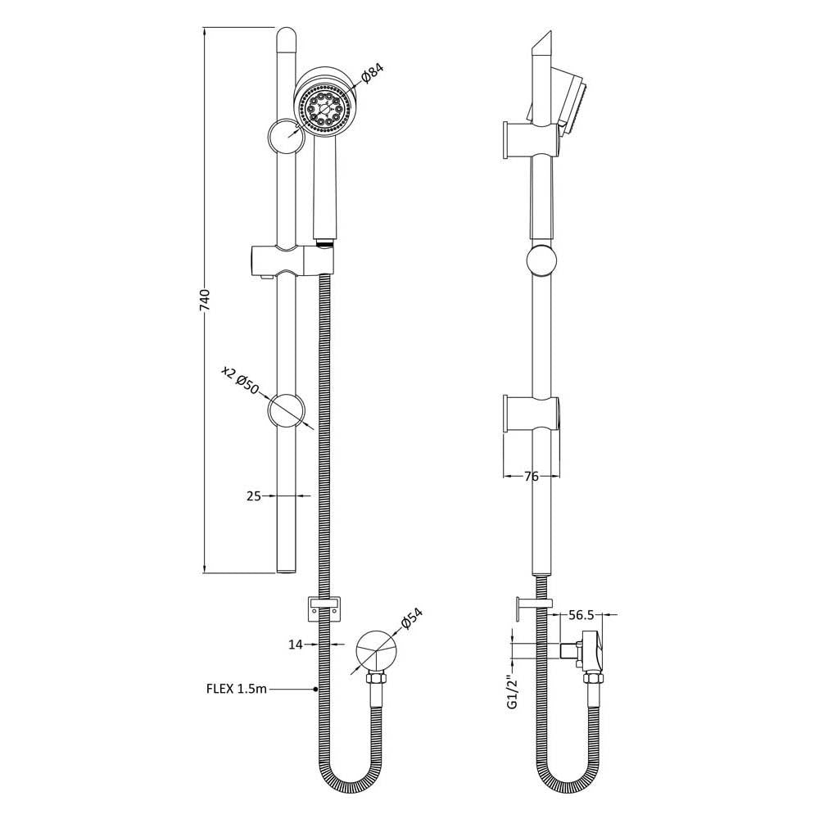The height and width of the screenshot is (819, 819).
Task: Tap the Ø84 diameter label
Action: pyautogui.click(x=373, y=73)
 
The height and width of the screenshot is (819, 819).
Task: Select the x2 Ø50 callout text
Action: pyautogui.click(x=240, y=380)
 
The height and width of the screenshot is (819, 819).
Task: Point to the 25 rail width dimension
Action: pyautogui.click(x=253, y=495)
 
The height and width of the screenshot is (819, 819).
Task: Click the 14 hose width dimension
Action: pyautogui.click(x=296, y=645)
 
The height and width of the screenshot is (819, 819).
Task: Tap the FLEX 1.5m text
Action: pyautogui.click(x=237, y=689)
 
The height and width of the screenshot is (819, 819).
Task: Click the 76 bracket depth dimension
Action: pyautogui.click(x=531, y=477)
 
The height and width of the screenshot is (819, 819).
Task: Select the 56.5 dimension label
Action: pyautogui.click(x=581, y=615)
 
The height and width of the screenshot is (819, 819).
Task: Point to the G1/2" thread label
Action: pyautogui.click(x=513, y=690)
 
